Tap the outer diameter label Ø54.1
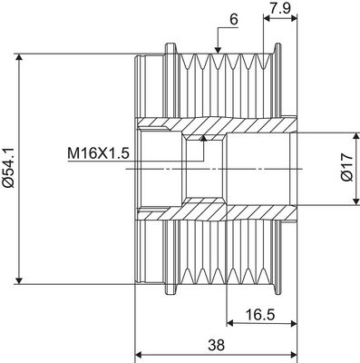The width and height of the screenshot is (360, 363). point(10,168)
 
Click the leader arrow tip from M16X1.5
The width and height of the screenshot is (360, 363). point(206,138)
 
